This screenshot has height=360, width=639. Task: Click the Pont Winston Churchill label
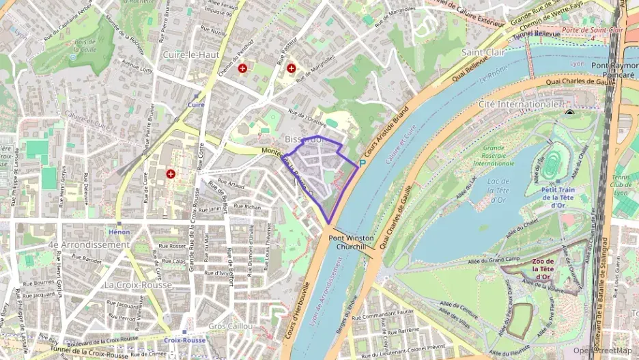352,242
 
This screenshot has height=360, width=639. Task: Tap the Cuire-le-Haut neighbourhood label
190,54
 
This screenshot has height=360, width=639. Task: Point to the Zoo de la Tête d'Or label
543,268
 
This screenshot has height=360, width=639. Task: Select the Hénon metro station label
119,232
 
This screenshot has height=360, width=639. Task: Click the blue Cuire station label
196,105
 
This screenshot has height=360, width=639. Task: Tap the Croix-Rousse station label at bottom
184,340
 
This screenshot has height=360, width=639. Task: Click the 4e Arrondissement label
88,245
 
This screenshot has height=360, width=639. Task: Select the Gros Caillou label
230,326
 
